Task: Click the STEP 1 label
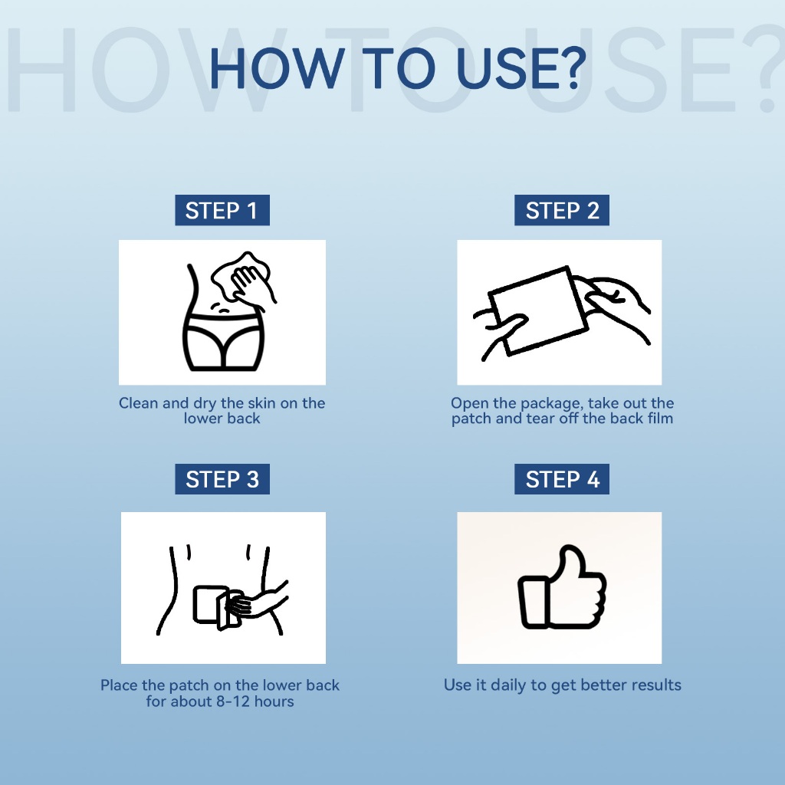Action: (x=222, y=210)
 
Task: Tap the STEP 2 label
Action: (x=562, y=210)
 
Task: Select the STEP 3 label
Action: (x=222, y=479)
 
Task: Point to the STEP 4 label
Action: (x=562, y=479)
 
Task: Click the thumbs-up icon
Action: (x=562, y=587)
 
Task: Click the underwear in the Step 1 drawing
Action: (x=223, y=341)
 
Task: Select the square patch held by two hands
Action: (x=538, y=311)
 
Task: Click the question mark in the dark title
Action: (x=570, y=68)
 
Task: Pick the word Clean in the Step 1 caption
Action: (x=138, y=403)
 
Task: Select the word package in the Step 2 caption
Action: (x=552, y=403)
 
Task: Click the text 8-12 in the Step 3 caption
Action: (x=233, y=701)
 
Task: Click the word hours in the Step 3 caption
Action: (x=274, y=701)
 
